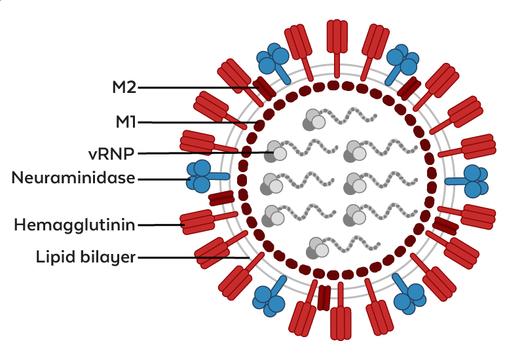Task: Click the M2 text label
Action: (x=124, y=87)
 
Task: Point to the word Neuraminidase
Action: (x=73, y=178)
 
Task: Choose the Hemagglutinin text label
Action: (x=75, y=225)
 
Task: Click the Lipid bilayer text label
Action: (x=85, y=257)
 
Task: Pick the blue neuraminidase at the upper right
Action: (x=402, y=62)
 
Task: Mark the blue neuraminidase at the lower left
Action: (x=270, y=298)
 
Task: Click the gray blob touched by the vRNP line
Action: (x=277, y=153)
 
